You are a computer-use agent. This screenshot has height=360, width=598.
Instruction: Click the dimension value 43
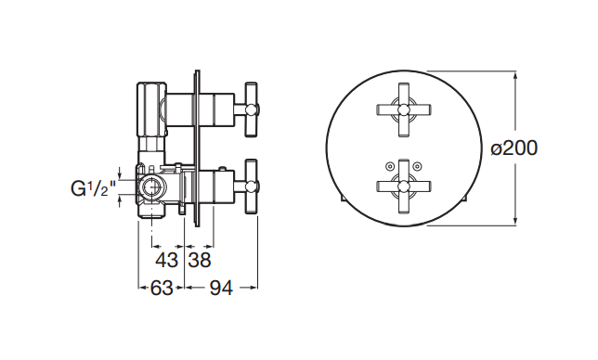pyautogui.click(x=166, y=260)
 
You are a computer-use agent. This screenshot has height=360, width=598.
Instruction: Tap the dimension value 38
pyautogui.click(x=200, y=260)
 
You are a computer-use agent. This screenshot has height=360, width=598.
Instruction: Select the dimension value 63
pyautogui.click(x=162, y=288)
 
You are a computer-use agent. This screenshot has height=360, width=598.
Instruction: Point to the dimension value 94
pyautogui.click(x=221, y=288)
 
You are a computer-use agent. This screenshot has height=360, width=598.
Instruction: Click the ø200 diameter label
pyautogui.click(x=514, y=148)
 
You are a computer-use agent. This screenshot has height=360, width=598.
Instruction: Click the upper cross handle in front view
pyautogui.click(x=404, y=109)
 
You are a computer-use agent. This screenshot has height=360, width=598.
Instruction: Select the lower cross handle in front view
pyautogui.click(x=404, y=186)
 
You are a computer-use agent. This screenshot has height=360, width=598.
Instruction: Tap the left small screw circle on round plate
pyautogui.click(x=389, y=166)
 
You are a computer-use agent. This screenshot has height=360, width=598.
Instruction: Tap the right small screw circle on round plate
pyautogui.click(x=418, y=166)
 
